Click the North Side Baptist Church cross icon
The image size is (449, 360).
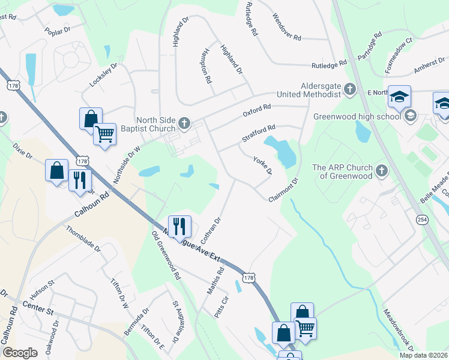coord(184,124)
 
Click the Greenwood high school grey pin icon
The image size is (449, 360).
coord(411,115)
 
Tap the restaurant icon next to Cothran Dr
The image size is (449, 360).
coord(179,226)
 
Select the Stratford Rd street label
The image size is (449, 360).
coord(258,133)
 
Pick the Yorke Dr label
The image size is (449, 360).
coord(262,166)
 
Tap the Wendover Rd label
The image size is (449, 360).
coord(286,27)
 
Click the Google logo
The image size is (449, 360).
coord(20,353)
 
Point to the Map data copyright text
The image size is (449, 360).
coord(423,355)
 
